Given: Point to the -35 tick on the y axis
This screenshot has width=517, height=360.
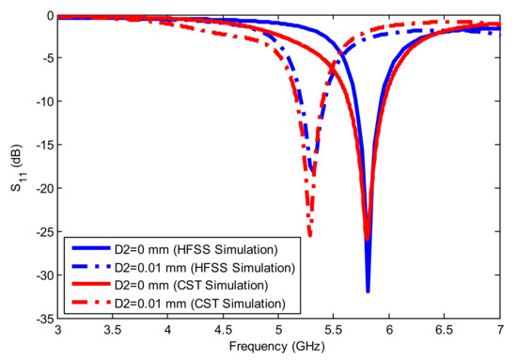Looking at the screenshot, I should pyautogui.click(x=42, y=320).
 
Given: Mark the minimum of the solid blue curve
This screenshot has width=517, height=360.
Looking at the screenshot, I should pyautogui.click(x=368, y=290).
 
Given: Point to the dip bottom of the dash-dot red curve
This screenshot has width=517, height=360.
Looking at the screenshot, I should pyautogui.click(x=310, y=236).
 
